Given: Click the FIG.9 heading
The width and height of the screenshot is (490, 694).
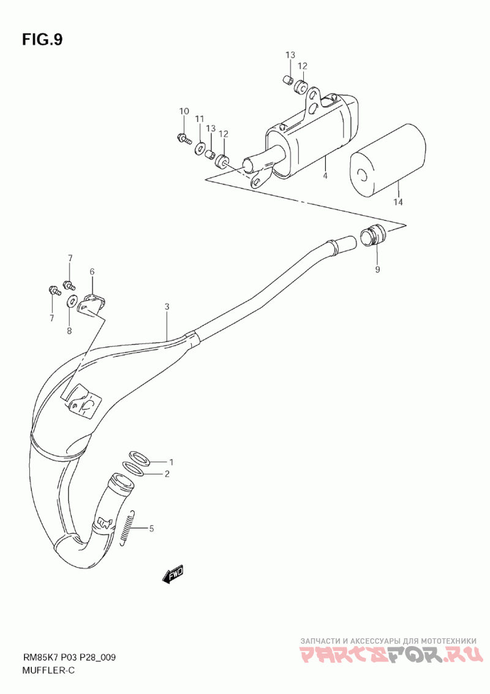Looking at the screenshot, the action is (42, 40).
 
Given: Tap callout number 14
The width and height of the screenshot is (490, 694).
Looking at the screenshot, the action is (398, 202).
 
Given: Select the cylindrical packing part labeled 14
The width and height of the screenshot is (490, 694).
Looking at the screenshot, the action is (387, 162).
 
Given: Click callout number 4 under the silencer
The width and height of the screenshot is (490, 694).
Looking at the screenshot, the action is (325, 176).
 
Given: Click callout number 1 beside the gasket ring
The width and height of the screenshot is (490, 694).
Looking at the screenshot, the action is (171, 462).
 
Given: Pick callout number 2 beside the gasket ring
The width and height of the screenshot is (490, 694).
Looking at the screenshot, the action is (166, 473).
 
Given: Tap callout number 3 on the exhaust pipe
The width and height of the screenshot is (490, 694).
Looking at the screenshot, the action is (166, 307).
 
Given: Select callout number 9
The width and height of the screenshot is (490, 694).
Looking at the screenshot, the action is (377, 269).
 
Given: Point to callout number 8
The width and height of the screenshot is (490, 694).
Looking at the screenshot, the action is (69, 331).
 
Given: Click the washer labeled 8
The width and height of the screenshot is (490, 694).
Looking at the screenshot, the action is (72, 300).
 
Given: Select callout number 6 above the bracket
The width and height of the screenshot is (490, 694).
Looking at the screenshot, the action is (92, 272).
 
